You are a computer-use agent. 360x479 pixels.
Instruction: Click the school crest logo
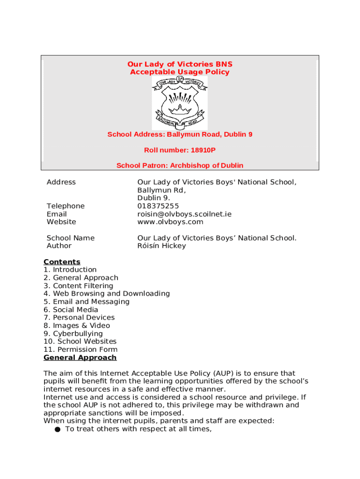pyautogui.click(x=180, y=103)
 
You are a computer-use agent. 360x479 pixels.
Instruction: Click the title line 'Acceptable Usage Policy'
pyautogui.click(x=180, y=72)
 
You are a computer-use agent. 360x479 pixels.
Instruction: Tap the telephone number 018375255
pyautogui.click(x=158, y=206)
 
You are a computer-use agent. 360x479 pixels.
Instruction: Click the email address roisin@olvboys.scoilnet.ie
pyautogui.click(x=184, y=214)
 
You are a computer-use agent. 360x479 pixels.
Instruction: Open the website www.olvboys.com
pyautogui.click(x=170, y=222)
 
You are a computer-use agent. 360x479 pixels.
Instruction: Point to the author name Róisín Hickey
pyautogui.click(x=161, y=246)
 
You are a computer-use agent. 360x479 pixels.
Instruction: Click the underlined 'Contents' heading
pyautogui.click(x=62, y=262)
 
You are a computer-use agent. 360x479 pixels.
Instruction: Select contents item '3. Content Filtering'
pyautogui.click(x=78, y=286)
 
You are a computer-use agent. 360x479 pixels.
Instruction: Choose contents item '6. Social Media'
pyautogui.click(x=71, y=310)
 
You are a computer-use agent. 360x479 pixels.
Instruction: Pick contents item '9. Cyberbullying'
pyautogui.click(x=73, y=334)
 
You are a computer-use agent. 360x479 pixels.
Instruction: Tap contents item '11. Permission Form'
pyautogui.click(x=80, y=349)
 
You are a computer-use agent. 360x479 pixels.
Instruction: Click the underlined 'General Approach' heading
pyautogui.click(x=80, y=358)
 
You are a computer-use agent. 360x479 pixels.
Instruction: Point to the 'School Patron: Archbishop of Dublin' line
pyautogui.click(x=180, y=166)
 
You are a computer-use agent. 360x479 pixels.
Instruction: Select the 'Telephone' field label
pyautogui.click(x=65, y=206)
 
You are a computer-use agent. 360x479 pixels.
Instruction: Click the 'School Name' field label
pyautogui.click(x=70, y=238)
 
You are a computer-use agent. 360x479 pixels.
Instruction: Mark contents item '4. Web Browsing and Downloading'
pyautogui.click(x=107, y=294)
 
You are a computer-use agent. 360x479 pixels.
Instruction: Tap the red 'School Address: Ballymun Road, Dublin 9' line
pyautogui.click(x=180, y=135)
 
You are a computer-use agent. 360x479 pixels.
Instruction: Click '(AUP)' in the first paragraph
pyautogui.click(x=224, y=373)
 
